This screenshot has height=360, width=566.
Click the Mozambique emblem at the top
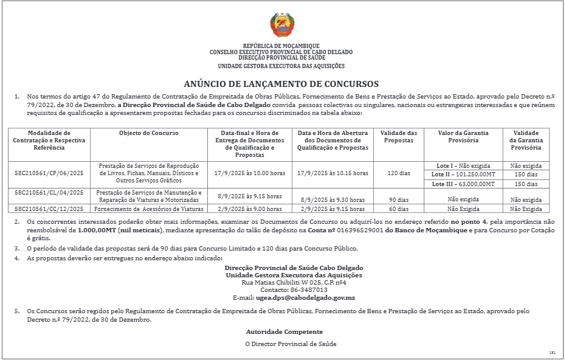coord(282,26)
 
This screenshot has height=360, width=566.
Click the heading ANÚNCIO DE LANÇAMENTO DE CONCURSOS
coord(281,84)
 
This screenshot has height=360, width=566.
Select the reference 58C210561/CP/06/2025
coord(49,173)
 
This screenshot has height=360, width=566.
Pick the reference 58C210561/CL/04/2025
coord(49,193)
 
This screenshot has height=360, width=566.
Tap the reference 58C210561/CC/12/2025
coord(49,209)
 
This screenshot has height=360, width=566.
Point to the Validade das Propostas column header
coord(399,136)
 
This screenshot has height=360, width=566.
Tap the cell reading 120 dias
coord(399,173)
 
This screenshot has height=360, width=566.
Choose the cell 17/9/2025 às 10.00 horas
coord(250,173)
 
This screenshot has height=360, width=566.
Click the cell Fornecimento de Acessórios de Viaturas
coord(148,209)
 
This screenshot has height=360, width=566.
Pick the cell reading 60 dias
coord(399,209)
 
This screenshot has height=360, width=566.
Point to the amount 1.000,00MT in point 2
coord(97,231)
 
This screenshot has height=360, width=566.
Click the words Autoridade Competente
coord(284,332)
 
